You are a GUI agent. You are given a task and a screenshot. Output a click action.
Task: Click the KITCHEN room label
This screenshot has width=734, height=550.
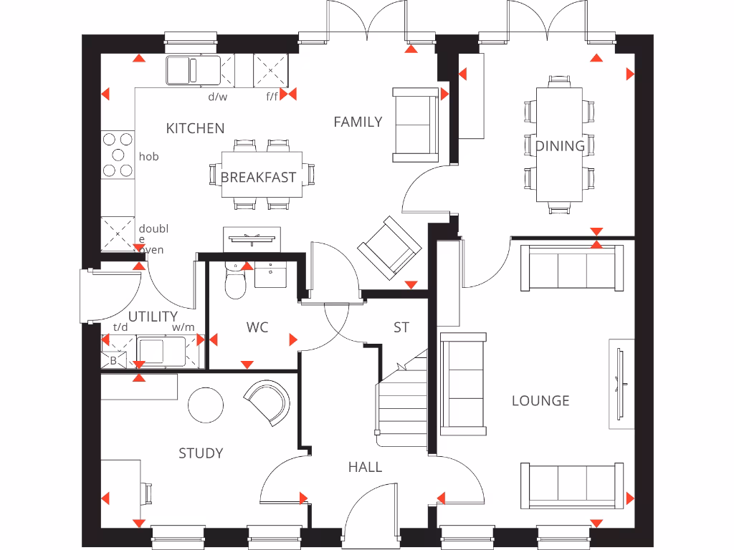pyautogui.click(x=195, y=128)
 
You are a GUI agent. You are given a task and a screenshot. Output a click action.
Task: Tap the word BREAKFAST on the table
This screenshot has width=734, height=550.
pyautogui.click(x=258, y=178)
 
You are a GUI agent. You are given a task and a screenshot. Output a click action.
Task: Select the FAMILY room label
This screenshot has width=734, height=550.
pyautogui.click(x=358, y=122)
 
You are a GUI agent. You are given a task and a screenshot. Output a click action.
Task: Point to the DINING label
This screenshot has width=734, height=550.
pyautogui.click(x=560, y=146)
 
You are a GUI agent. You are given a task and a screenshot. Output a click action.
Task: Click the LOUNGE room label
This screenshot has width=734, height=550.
pyautogui.click(x=540, y=400)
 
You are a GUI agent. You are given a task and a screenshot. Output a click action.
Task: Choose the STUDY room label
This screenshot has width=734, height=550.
pyautogui.click(x=201, y=453)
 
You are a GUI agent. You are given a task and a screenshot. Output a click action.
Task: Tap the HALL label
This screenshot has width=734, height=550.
pyautogui.click(x=365, y=467)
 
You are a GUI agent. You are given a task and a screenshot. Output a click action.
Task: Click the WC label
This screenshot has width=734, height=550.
pyautogui.click(x=257, y=327)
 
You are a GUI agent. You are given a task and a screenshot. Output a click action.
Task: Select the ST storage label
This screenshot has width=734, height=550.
pyautogui.click(x=401, y=327)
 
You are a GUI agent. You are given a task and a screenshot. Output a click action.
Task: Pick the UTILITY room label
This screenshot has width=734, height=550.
pyautogui.click(x=153, y=316)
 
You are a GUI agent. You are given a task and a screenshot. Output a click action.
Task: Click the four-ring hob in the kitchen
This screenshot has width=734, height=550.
pyautogui.click(x=118, y=155)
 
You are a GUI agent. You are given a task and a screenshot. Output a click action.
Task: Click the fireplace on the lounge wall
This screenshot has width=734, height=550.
pyautogui.click(x=621, y=385)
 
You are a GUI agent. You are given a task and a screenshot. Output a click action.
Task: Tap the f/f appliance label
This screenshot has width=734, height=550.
pyautogui.click(x=272, y=96)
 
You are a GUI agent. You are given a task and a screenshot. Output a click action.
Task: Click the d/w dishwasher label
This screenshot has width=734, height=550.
pyautogui.click(x=217, y=96)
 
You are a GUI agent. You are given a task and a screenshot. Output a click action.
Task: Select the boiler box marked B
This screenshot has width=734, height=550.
pyautogui.click(x=113, y=361)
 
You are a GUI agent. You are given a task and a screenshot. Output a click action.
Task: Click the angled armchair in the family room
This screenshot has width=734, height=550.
pyautogui.click(x=389, y=247)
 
